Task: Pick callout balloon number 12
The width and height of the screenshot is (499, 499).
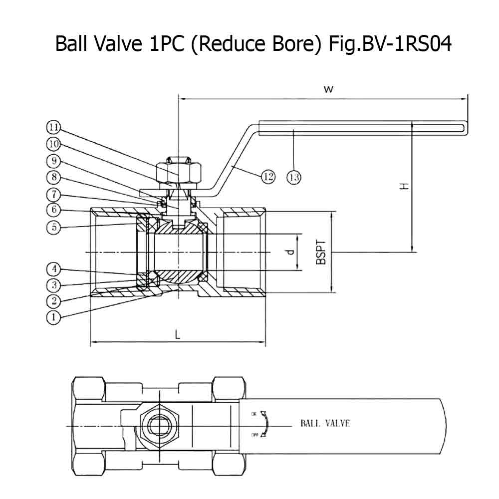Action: tap(268, 176)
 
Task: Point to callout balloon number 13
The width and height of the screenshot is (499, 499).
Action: tap(294, 176)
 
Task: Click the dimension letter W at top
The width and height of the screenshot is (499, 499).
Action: tap(328, 89)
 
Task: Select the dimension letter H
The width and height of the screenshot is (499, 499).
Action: tap(404, 186)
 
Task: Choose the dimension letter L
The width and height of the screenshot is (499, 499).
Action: tap(178, 335)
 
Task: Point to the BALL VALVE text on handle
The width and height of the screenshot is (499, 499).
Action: tap(325, 424)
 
